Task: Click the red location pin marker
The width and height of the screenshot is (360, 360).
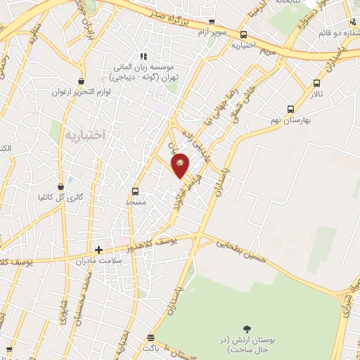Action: (x=181, y=165)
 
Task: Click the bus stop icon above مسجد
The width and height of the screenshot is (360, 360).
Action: (x=135, y=191)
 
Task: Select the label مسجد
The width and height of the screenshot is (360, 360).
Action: (x=135, y=202)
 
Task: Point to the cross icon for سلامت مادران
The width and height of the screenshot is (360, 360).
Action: (x=98, y=249)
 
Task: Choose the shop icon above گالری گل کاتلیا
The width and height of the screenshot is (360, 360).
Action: (x=60, y=187)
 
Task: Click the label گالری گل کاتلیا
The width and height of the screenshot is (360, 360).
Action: (x=60, y=198)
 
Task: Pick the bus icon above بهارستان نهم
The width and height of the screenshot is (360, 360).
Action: (x=290, y=109)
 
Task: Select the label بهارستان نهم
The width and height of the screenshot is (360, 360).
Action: (x=289, y=120)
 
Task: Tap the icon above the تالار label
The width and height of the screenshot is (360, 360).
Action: (x=316, y=84)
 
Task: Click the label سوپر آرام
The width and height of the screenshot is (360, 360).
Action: (x=211, y=32)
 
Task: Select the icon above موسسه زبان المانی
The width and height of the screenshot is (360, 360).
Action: (x=143, y=56)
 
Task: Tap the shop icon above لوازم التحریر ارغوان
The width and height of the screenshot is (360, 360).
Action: (x=82, y=82)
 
